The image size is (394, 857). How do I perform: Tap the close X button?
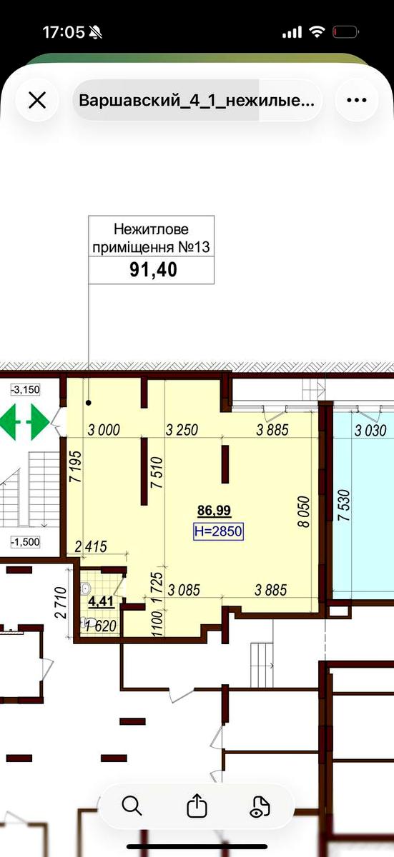point(37,101)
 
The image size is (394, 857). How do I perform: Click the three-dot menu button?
point(357,101)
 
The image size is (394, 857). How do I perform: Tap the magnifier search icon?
point(132,806)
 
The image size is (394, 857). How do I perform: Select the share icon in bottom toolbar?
point(197,806)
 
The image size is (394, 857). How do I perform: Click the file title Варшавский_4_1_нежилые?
point(197,101)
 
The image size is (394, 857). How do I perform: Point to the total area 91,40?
point(153,270)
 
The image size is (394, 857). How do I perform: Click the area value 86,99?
point(214,510)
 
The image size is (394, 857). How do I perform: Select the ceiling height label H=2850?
point(218,531)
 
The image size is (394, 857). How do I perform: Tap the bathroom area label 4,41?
point(101,602)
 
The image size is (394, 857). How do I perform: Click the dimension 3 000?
point(104,430)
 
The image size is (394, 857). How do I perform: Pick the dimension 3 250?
point(182,430)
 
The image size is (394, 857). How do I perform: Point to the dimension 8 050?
point(304,511)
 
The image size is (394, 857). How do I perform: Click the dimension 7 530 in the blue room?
point(344,505)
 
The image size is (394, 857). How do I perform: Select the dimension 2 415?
point(91,547)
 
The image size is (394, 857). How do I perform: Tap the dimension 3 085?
point(184,591)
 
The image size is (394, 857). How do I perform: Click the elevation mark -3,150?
point(25,390)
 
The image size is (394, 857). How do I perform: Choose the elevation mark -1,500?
point(25,542)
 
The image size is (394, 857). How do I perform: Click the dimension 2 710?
point(61,603)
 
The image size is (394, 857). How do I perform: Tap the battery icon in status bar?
point(345,33)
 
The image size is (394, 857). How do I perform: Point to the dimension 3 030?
point(370,431)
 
